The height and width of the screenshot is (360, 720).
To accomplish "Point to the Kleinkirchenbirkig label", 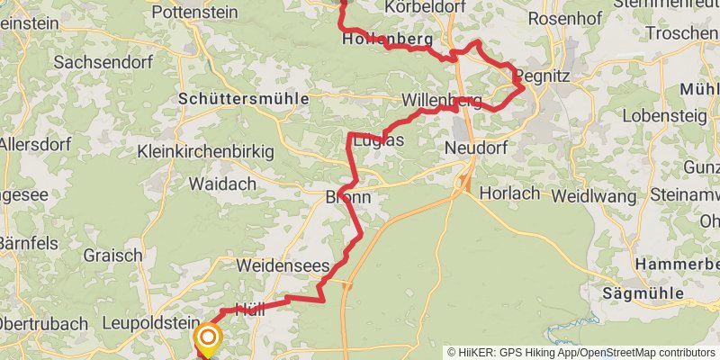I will (206, 152).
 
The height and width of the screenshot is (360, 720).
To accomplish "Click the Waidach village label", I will (222, 184).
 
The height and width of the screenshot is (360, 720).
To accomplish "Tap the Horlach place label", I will (509, 193).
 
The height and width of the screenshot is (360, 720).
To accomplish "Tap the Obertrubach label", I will (43, 324).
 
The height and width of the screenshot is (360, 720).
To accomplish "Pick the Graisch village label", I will (112, 256).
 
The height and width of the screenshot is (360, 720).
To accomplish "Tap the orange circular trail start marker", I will (208, 337).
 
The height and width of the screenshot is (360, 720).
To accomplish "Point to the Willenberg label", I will (442, 99).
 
